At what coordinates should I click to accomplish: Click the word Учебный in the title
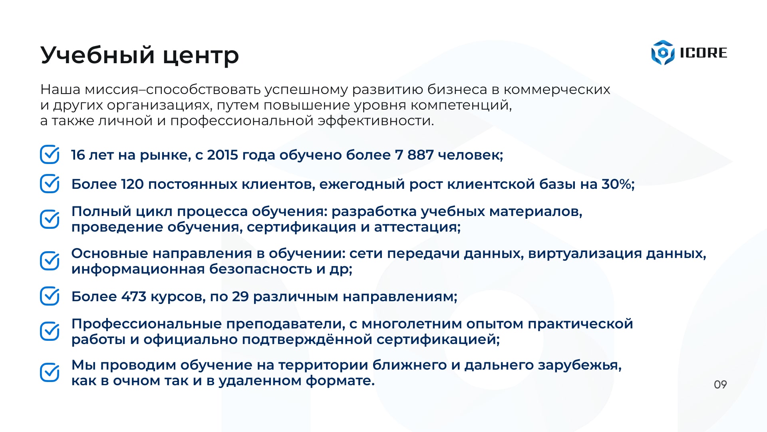point(97,55)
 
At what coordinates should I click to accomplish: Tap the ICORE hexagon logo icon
point(663,53)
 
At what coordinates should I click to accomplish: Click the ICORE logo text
point(703,53)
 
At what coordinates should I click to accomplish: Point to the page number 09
point(720,384)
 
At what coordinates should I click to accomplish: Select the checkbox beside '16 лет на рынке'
point(50,154)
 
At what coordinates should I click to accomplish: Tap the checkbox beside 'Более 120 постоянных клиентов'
point(50,184)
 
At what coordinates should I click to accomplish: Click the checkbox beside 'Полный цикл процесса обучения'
point(50,219)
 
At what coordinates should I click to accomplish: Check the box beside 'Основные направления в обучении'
point(50,261)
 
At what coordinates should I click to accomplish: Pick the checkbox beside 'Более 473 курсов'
point(50,296)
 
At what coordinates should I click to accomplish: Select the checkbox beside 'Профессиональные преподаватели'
point(50,331)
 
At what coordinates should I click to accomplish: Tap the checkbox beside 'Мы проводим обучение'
point(50,372)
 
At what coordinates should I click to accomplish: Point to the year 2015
point(223,155)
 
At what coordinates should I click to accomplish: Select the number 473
point(134,296)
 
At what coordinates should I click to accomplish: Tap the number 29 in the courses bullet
point(240,296)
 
